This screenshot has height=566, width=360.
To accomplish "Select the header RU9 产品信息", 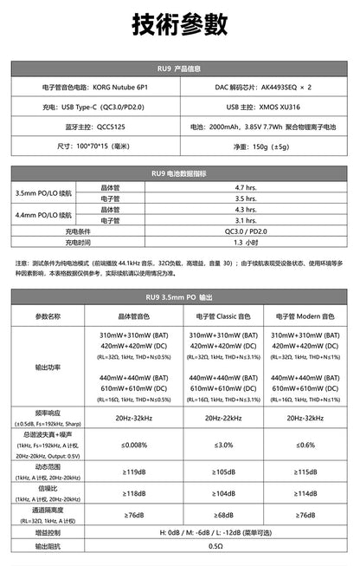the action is (x=180, y=68).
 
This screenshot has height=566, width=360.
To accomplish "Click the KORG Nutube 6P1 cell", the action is (x=95, y=88).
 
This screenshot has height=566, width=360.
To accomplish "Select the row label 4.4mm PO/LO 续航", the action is (x=44, y=215).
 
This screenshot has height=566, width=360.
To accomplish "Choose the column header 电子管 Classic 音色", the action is (x=223, y=316).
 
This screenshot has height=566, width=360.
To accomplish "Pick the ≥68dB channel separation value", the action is (x=223, y=515).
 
